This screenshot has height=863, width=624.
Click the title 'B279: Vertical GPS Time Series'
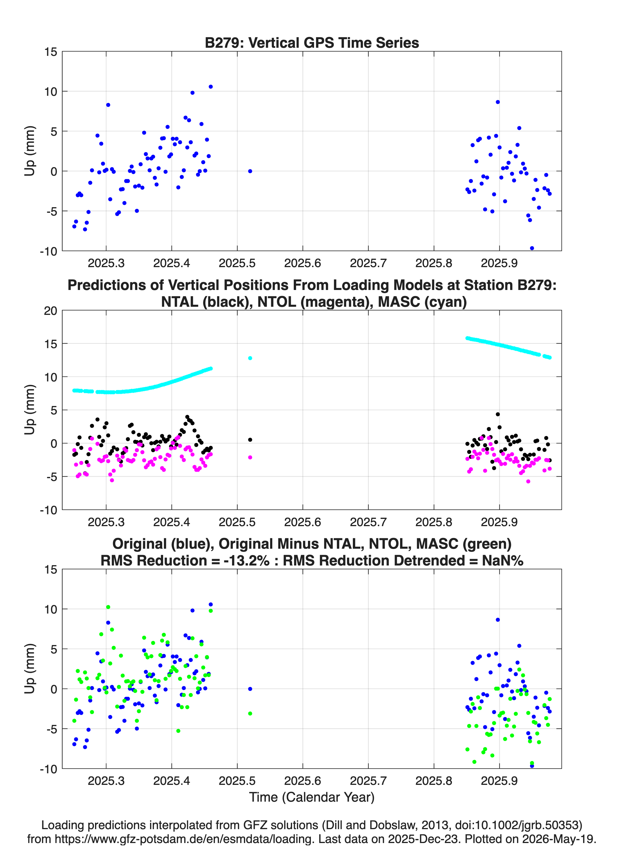(312, 43)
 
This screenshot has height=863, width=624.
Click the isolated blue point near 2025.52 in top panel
(250, 171)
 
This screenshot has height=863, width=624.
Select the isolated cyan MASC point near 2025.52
(250, 358)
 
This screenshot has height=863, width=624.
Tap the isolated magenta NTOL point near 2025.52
(250, 457)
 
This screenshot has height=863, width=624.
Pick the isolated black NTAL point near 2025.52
(250, 440)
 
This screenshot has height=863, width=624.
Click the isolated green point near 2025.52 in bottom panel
(250, 713)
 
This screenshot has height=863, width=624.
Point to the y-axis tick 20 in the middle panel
(50, 311)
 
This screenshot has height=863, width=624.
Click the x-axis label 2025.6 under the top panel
(302, 263)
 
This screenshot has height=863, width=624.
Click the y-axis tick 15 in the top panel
(50, 52)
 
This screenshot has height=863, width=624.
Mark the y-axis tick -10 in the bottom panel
(48, 769)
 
